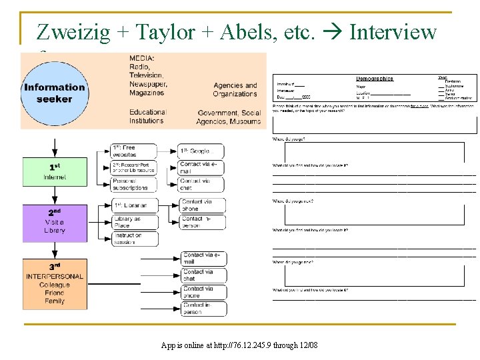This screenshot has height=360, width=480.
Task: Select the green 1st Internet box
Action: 55,171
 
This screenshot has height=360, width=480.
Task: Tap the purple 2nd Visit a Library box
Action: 55,222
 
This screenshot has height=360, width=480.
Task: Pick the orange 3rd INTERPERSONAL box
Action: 55,284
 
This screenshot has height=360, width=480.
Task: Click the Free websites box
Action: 134,151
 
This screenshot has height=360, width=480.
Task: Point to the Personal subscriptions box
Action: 134,184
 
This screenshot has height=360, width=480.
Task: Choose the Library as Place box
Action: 134,222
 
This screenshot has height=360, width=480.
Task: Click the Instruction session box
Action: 134,239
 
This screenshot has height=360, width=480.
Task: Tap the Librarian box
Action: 134,205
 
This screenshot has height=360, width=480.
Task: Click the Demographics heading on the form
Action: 375,79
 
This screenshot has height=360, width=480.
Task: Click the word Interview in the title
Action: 393,31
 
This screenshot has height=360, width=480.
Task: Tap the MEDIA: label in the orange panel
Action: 143,57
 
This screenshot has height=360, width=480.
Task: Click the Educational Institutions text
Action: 148,117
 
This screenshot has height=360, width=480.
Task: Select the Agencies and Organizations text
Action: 235,89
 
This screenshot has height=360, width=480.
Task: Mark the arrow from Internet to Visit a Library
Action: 55,195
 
